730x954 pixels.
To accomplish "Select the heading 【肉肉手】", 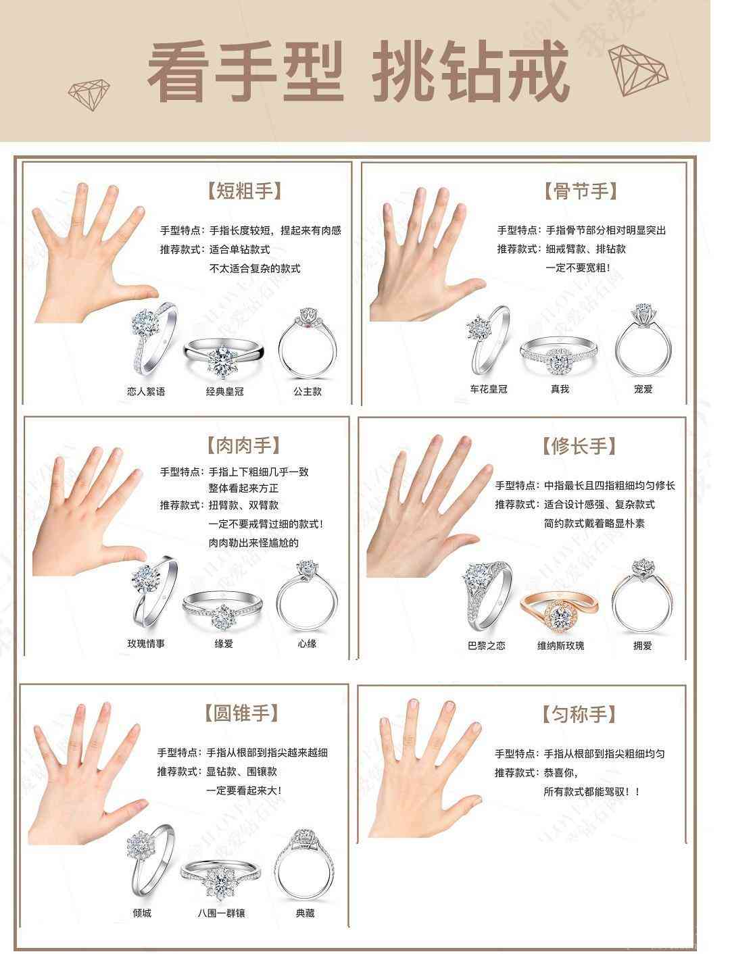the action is pyautogui.click(x=243, y=445).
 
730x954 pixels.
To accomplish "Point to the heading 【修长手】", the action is pyautogui.click(x=579, y=445).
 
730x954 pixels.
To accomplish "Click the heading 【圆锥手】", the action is pyautogui.click(x=241, y=713).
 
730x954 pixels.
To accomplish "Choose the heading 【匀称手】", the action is pyautogui.click(x=579, y=713).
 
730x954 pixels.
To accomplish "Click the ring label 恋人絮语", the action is pyautogui.click(x=145, y=391).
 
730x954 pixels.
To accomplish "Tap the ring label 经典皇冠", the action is pyautogui.click(x=224, y=391).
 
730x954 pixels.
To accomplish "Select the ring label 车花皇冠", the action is pyautogui.click(x=488, y=389).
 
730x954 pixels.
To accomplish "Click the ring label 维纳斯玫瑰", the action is pyautogui.click(x=560, y=646).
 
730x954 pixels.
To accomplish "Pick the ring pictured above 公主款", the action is pyautogui.click(x=308, y=343).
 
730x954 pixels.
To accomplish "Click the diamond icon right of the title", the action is pyautogui.click(x=637, y=70).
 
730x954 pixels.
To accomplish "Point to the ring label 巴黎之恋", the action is pyautogui.click(x=487, y=646).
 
